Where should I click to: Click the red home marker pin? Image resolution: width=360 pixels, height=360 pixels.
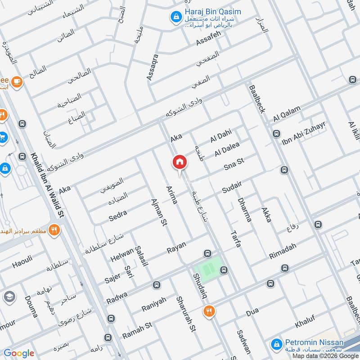point(179,162)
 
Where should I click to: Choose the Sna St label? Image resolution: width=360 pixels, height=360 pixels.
point(234,167)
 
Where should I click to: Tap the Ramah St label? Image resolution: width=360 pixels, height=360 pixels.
point(137,333)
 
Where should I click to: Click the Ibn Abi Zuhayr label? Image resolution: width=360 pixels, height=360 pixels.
point(302,134)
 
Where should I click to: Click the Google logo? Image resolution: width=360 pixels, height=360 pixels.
point(19,353)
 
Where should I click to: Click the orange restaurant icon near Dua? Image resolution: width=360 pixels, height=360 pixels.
point(209,310)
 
